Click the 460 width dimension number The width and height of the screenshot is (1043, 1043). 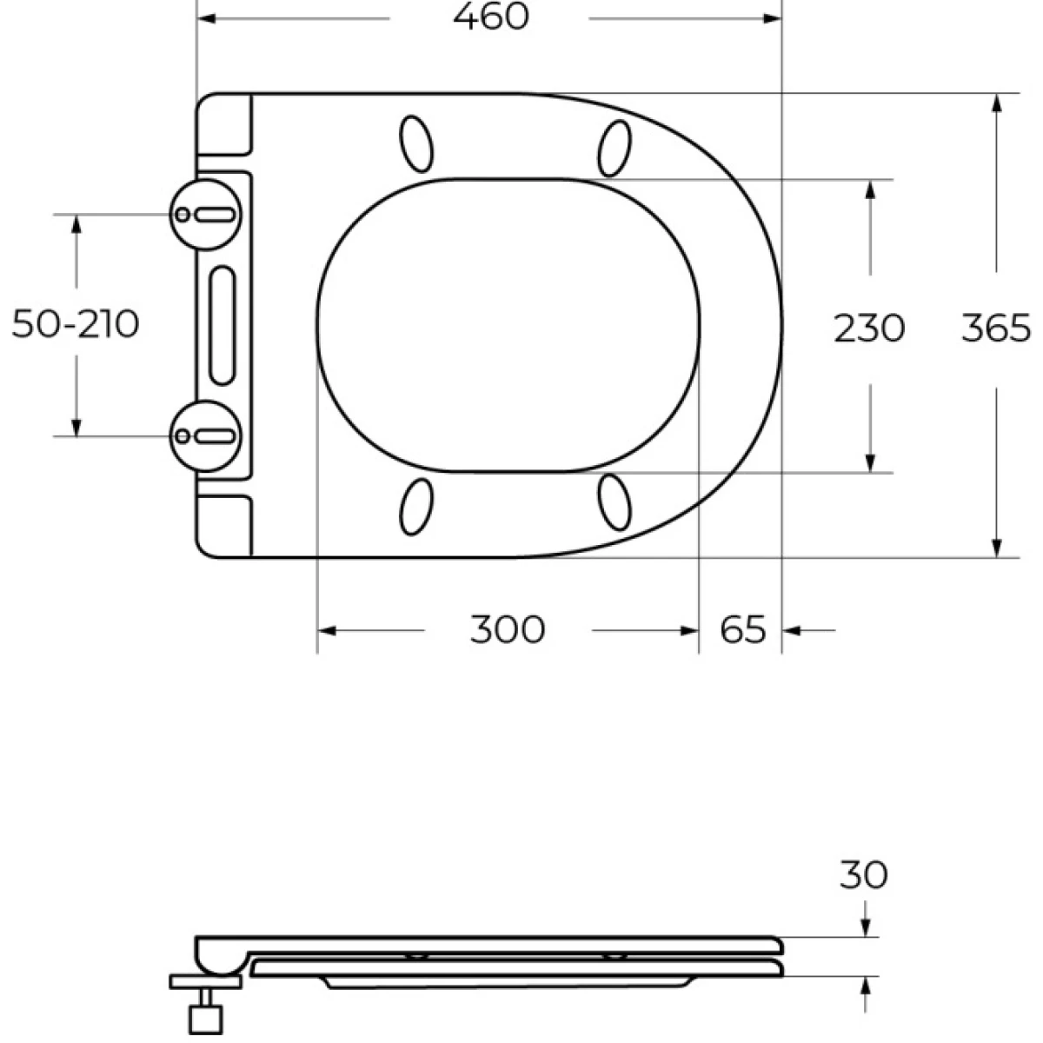click(x=491, y=17)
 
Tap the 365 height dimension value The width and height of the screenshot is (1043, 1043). click(x=996, y=329)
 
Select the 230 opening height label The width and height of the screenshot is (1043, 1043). click(x=869, y=329)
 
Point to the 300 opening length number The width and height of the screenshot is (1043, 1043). click(x=508, y=630)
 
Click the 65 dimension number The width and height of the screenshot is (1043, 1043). click(x=743, y=630)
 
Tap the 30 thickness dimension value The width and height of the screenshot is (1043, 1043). click(x=864, y=875)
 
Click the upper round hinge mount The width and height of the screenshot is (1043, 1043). click(x=206, y=215)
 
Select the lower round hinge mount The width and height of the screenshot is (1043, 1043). click(x=206, y=435)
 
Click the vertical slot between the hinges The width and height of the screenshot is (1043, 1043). click(x=222, y=326)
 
